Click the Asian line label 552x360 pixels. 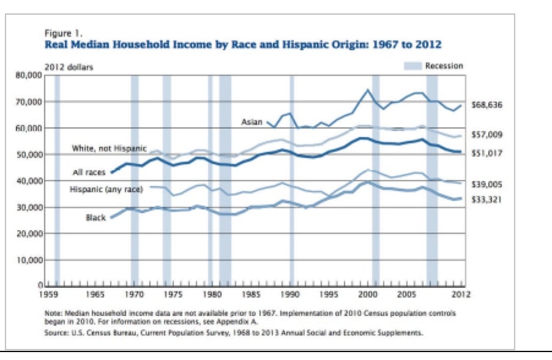252,122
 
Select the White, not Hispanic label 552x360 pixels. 109,149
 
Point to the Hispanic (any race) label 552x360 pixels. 106,190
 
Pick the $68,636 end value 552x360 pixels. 487,105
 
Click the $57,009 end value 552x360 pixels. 487,134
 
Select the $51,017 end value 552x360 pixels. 487,154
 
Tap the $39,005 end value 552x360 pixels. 487,184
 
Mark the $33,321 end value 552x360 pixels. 487,200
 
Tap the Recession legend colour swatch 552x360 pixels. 412,66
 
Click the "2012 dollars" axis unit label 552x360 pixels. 69,67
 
